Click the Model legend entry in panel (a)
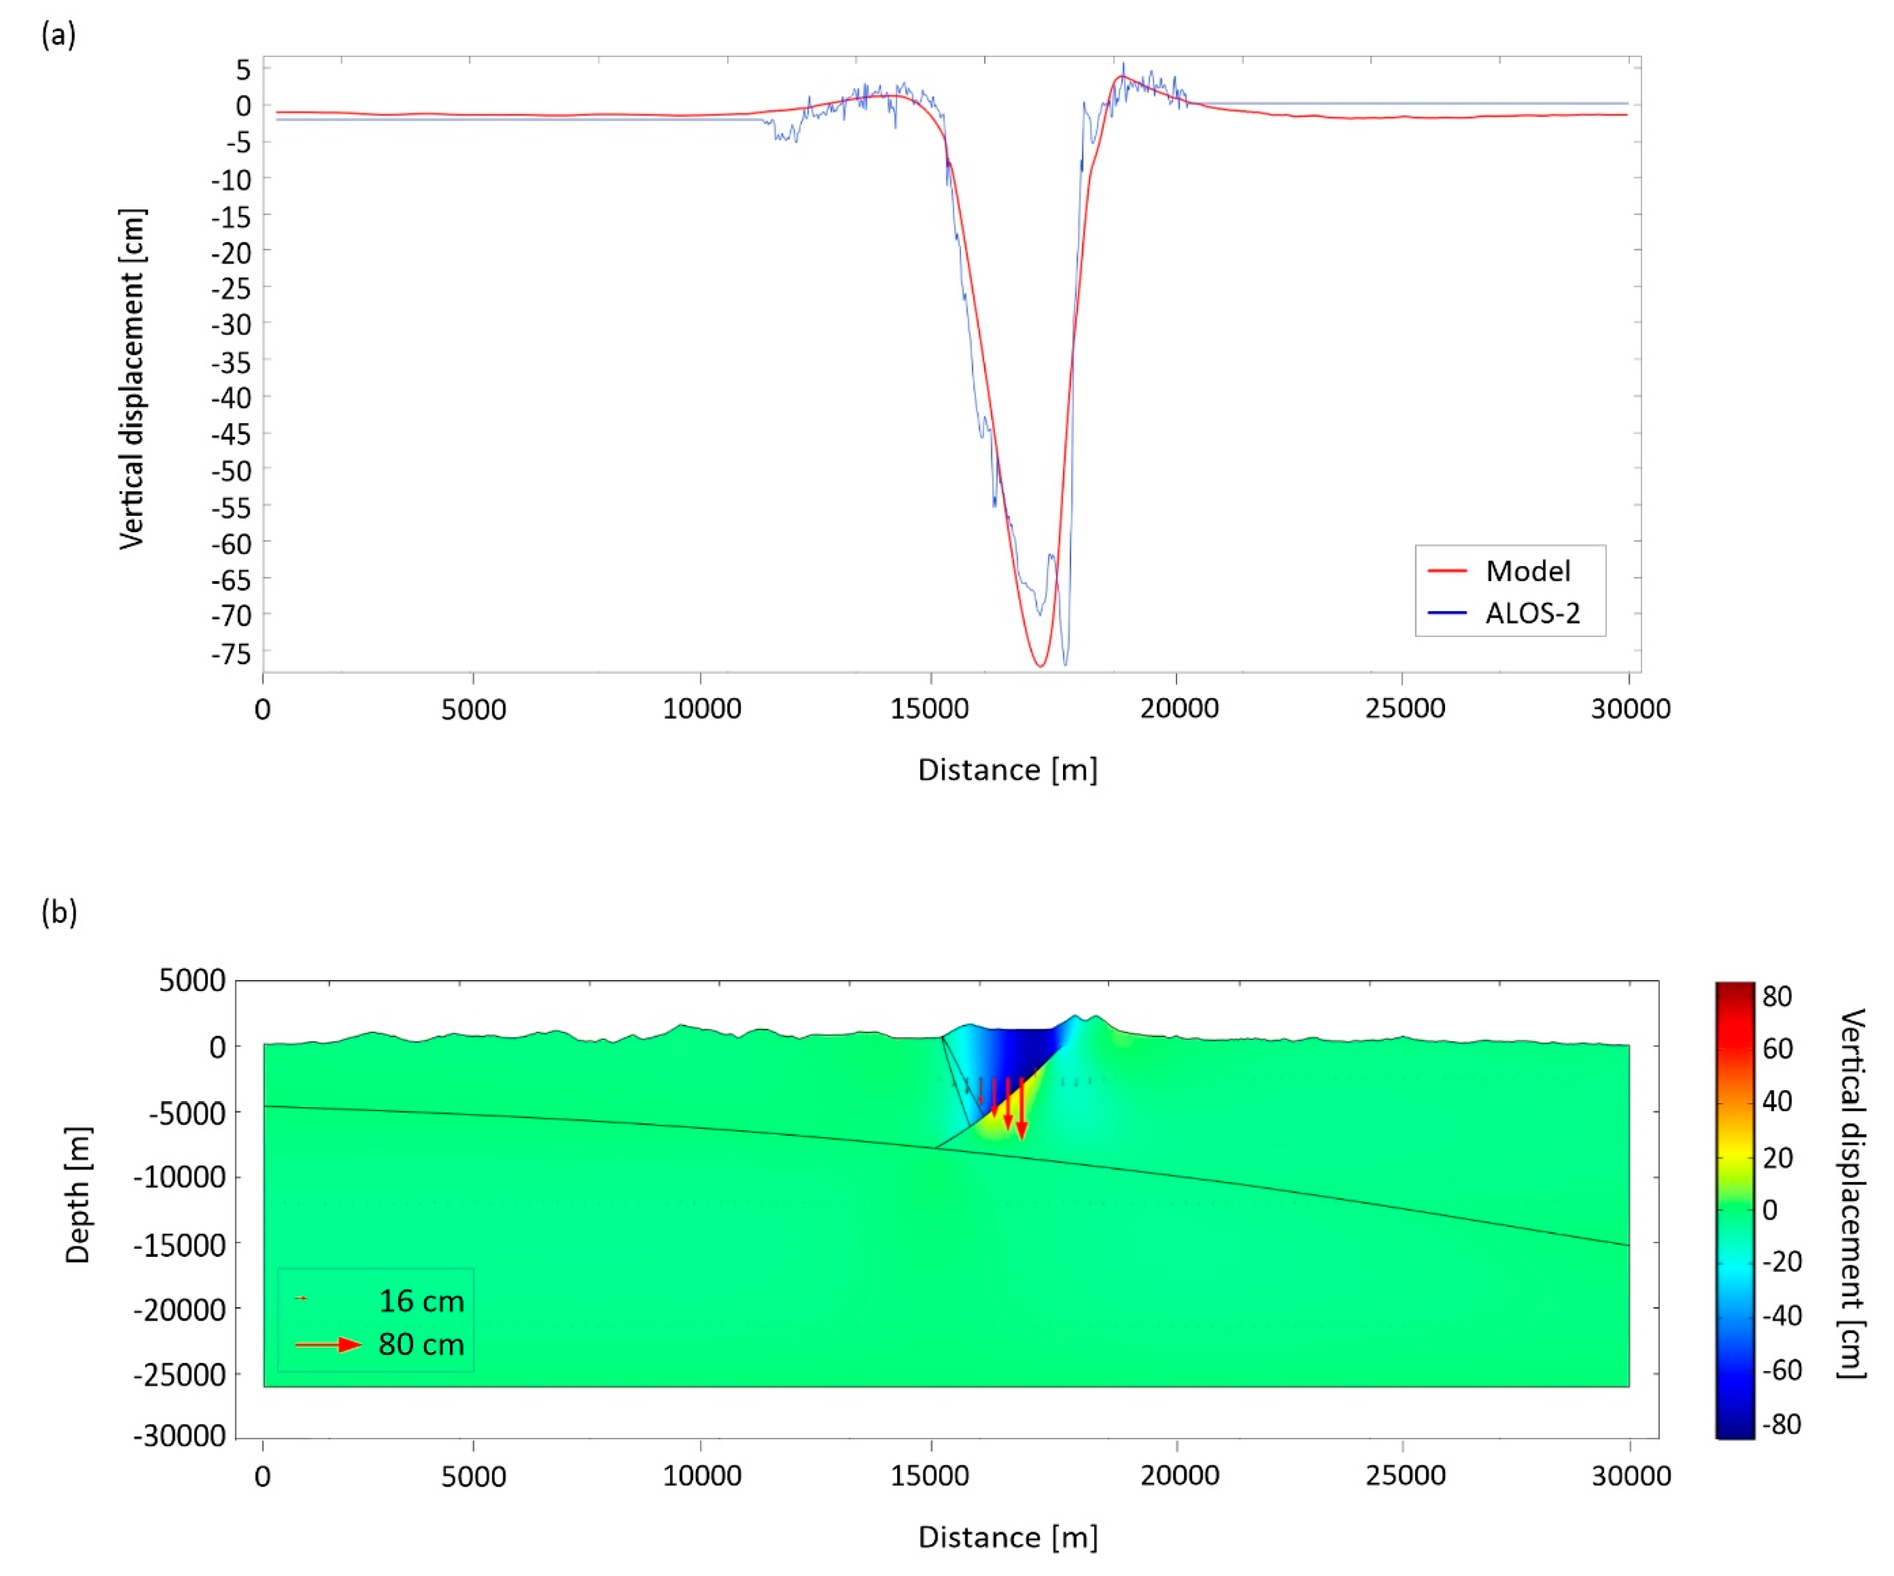point(1527,571)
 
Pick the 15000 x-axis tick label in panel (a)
point(929,709)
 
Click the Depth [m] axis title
point(78,1194)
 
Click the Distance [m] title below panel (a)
point(1008,770)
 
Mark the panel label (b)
point(59,912)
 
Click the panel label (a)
point(59,35)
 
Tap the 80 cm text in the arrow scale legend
point(421,1344)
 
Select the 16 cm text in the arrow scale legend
point(421,1301)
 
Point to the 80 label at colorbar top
point(1777,996)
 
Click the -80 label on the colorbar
point(1781,1424)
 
